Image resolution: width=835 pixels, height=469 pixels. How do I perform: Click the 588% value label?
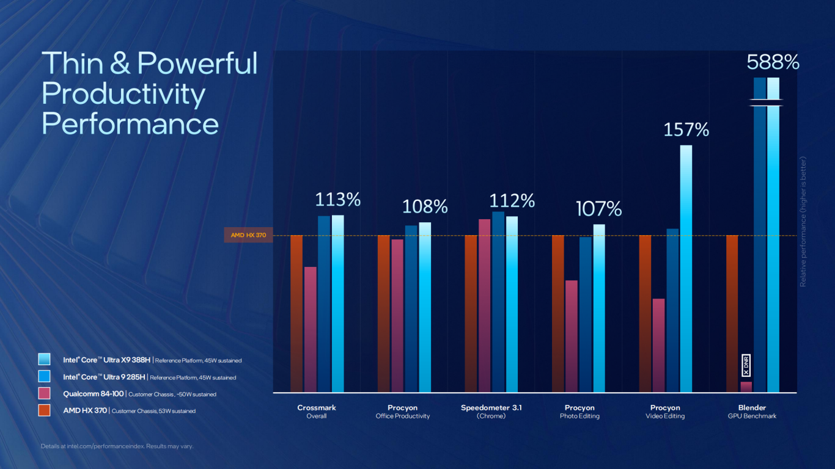773,62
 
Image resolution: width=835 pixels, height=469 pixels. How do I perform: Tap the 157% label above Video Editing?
686,129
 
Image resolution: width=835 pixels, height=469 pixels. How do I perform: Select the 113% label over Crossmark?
337,200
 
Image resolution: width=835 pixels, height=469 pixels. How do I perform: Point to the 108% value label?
425,207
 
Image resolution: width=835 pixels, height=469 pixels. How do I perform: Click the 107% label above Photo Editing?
599,209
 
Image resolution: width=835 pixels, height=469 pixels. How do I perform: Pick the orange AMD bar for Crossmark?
296,313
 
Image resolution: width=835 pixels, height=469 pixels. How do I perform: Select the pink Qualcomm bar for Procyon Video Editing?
658,345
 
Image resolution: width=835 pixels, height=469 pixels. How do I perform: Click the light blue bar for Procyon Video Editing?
686,269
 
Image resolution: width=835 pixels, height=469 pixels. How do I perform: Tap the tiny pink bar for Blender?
746,387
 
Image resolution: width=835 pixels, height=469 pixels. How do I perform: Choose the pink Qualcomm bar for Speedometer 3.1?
484,305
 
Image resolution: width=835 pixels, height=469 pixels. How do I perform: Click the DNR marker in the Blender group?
746,365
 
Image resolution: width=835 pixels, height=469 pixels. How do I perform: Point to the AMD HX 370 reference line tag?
248,235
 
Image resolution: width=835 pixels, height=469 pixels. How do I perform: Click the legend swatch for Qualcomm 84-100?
44,394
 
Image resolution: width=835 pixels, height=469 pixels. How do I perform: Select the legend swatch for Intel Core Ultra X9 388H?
44,360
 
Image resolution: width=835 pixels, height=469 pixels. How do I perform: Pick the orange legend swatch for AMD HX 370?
44,410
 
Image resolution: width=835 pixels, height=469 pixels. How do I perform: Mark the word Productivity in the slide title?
123,93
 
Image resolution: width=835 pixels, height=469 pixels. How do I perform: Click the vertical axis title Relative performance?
803,221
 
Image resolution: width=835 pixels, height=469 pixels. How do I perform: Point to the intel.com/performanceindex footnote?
117,446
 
